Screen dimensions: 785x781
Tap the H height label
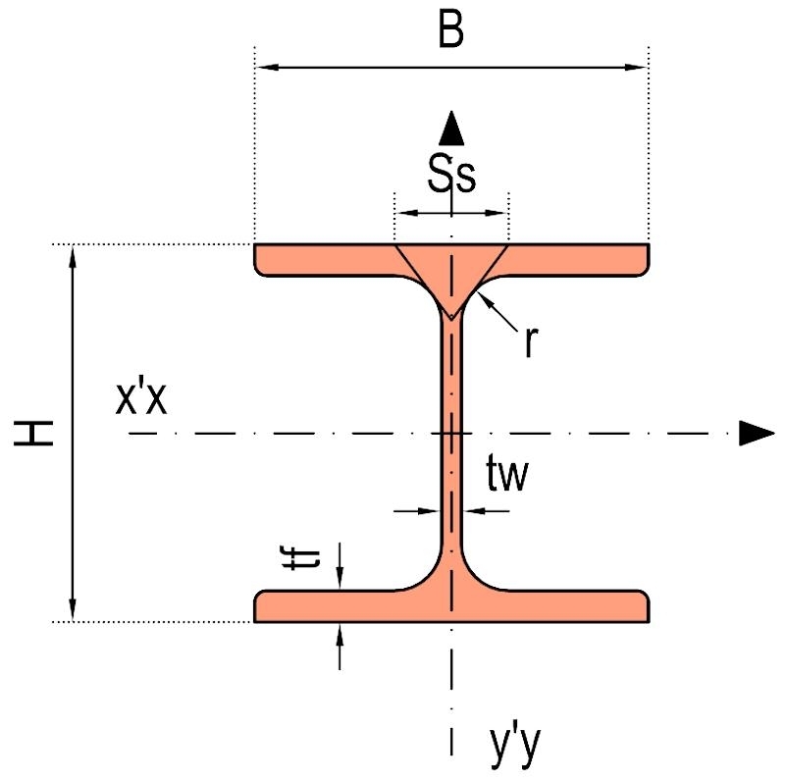(x=33, y=433)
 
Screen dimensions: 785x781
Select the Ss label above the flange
(x=451, y=174)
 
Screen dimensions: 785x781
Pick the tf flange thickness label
(x=301, y=559)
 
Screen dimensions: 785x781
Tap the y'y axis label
(x=515, y=747)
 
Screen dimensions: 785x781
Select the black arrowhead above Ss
(x=451, y=129)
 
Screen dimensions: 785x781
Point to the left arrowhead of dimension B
(x=268, y=67)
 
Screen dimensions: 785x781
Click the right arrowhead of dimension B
(x=635, y=67)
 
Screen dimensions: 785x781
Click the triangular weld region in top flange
(x=451, y=271)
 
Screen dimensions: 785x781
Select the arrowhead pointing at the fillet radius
(x=485, y=300)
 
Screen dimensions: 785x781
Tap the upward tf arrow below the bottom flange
(x=340, y=647)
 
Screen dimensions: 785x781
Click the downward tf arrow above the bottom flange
(x=340, y=565)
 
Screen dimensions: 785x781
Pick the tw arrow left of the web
(x=416, y=511)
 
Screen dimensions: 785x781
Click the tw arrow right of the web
(x=487, y=511)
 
